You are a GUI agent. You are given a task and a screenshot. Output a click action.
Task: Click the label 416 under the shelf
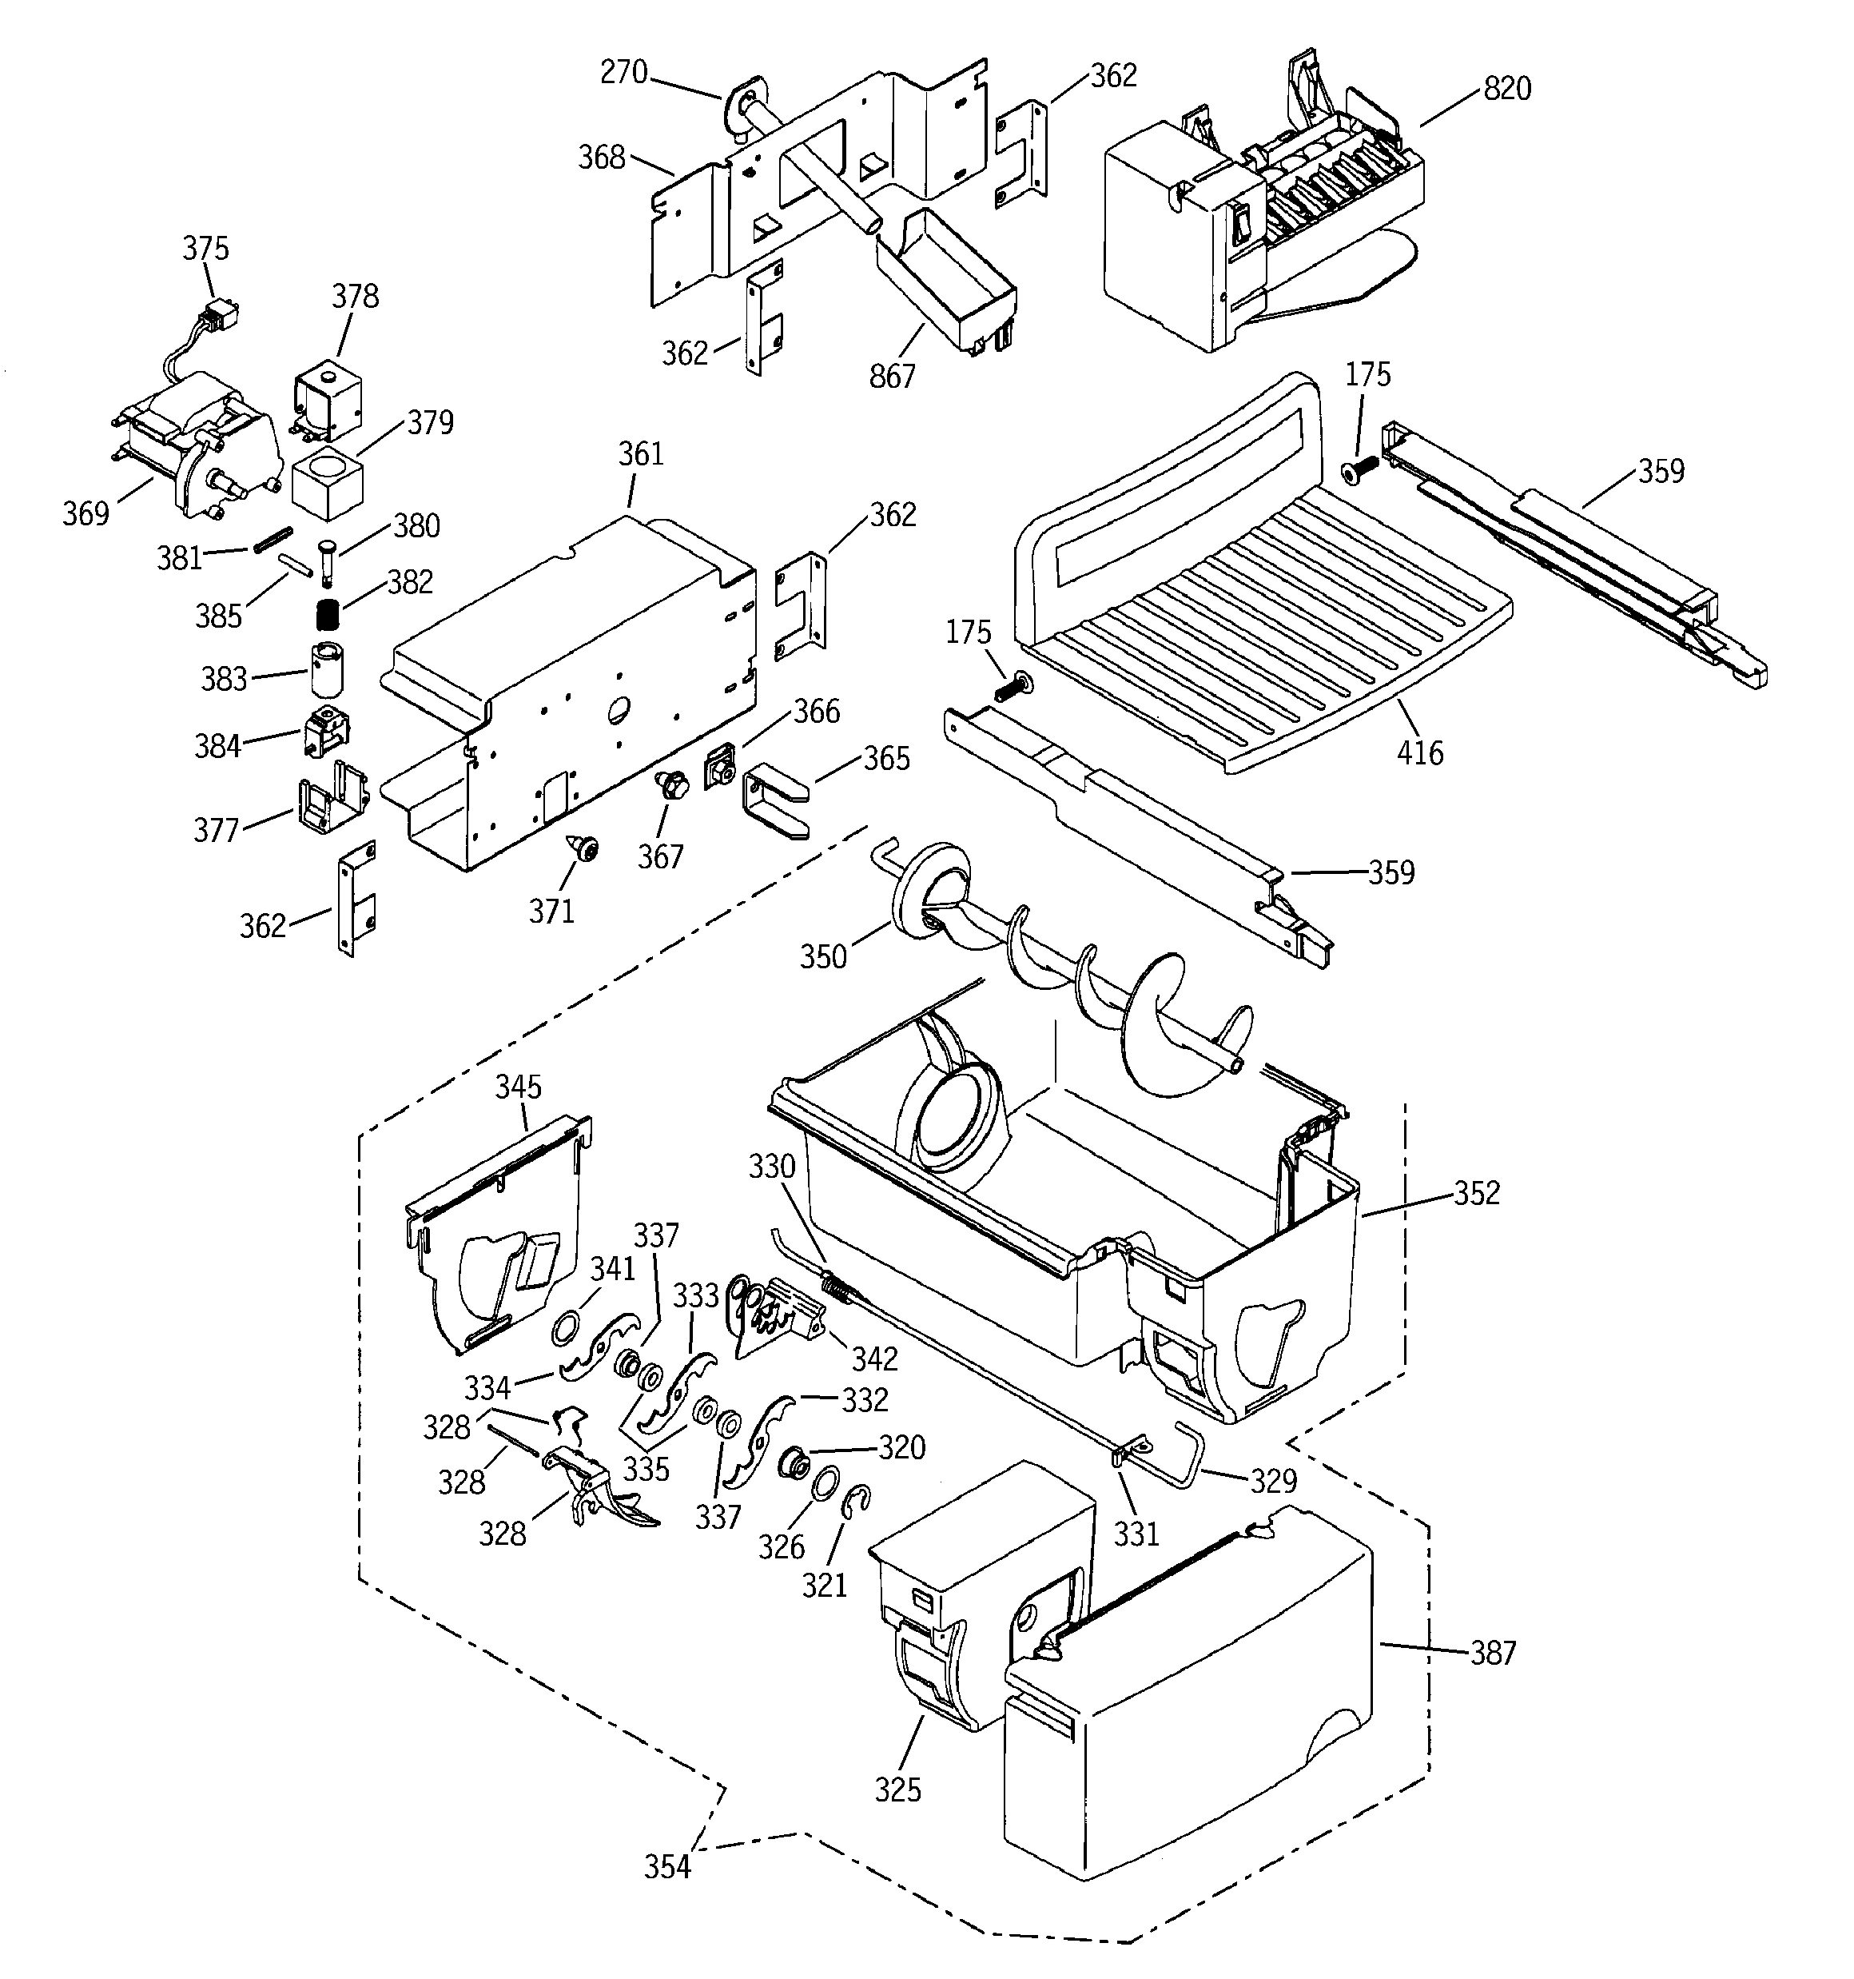coord(1419,752)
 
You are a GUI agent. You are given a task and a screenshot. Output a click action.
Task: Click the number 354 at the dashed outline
coord(666,1866)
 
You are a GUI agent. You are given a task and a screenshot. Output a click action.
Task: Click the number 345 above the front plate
coord(519,1086)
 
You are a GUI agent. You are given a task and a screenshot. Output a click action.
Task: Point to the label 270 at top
coord(624,73)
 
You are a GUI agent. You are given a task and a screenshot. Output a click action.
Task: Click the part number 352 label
coord(1476,1192)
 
